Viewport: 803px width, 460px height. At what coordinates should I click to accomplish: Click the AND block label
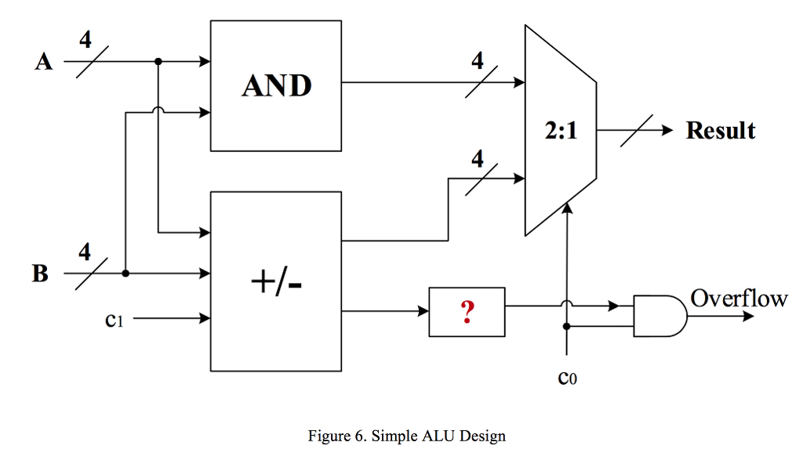coord(276,85)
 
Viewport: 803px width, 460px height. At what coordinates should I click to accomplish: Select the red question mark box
coord(467,312)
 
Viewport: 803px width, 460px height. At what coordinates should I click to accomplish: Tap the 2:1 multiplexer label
coord(561,131)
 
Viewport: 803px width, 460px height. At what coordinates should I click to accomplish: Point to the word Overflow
coord(739,298)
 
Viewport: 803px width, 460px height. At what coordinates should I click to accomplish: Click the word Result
coord(720,130)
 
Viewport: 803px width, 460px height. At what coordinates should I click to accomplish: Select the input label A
coord(44,62)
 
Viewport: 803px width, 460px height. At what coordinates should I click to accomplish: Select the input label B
coord(40,274)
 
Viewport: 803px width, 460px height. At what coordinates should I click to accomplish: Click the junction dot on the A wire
coord(158,61)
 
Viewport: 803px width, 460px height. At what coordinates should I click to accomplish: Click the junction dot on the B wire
coord(125,273)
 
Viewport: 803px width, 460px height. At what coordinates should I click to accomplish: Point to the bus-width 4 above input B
coord(84,252)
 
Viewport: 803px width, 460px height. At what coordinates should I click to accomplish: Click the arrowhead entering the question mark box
coord(423,312)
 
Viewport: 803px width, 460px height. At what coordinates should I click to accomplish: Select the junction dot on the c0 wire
coord(566,325)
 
